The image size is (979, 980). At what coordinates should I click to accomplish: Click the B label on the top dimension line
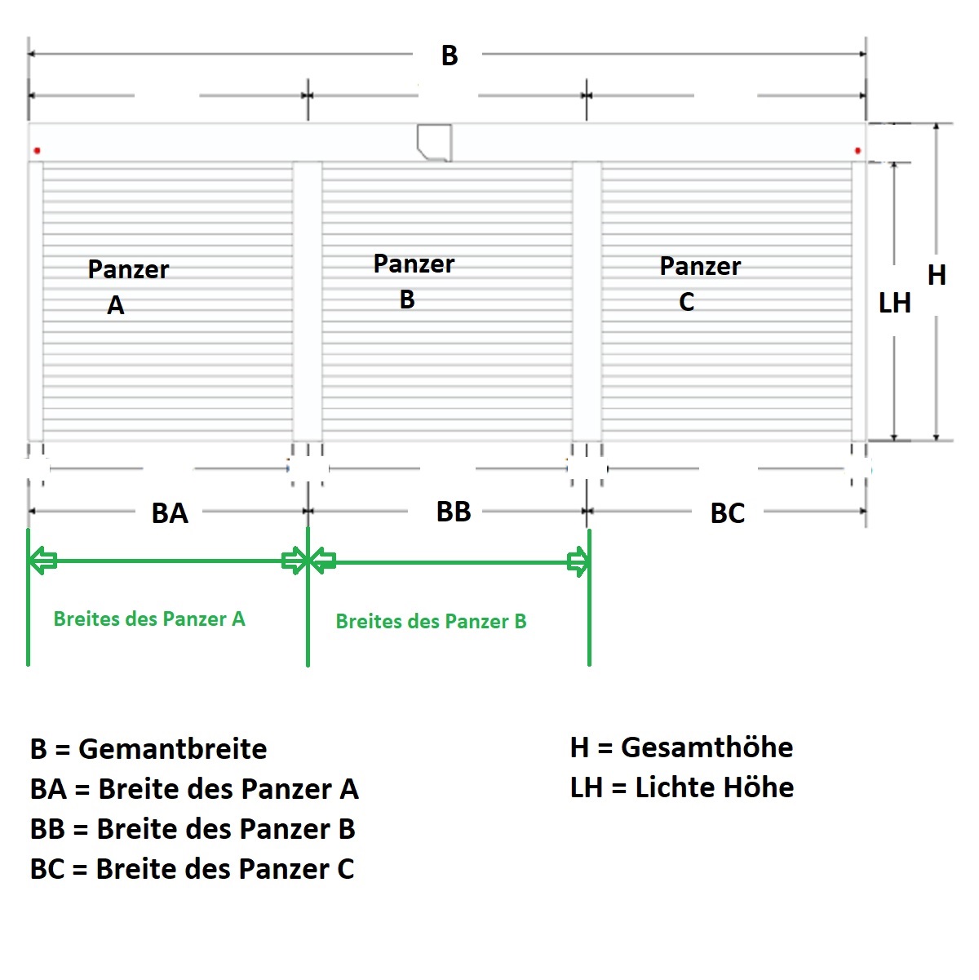pos(450,55)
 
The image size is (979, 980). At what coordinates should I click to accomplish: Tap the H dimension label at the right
pos(937,275)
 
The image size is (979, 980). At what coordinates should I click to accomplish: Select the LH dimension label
pos(895,303)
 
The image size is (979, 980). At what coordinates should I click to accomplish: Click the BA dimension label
pos(170,513)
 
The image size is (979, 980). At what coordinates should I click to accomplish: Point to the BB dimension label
pos(454,512)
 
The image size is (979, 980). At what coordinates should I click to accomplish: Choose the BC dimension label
pos(727,513)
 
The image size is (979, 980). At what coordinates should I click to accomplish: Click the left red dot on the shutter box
pos(38,150)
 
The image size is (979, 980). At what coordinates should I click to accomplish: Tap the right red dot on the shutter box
pos(858,150)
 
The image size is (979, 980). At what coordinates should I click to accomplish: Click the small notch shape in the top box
pos(434,143)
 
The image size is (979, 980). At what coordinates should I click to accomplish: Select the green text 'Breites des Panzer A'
pos(149,619)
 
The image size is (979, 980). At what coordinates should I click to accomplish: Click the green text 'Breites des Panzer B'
pos(432,621)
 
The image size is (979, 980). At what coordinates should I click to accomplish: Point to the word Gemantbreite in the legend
pos(173,749)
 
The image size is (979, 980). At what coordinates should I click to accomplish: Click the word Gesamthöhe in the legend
pos(707,747)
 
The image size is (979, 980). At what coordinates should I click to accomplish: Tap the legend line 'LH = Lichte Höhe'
pos(682,787)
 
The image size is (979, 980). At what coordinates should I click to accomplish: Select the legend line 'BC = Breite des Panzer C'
pos(193,869)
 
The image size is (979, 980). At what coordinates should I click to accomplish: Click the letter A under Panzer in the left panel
pos(116,306)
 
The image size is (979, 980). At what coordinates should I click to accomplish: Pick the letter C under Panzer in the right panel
pos(687,302)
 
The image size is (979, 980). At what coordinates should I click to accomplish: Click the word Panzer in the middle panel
pos(414,264)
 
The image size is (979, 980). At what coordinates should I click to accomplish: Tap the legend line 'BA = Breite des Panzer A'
pos(194,789)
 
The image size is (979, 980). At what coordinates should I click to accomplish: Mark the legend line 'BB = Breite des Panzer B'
pos(193,829)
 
